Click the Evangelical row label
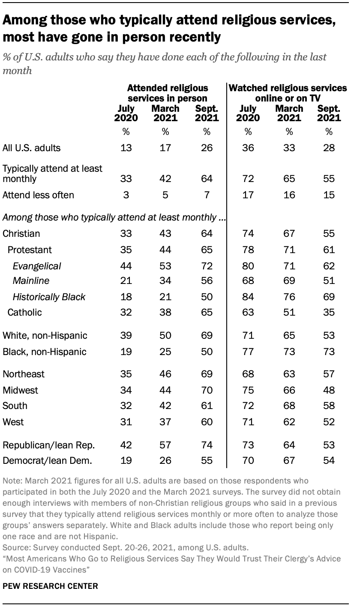click(37, 266)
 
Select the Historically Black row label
click(49, 296)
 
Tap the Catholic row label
click(24, 312)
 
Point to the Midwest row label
click(20, 390)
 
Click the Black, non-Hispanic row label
click(45, 352)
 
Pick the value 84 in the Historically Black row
click(248, 296)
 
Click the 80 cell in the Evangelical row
click(248, 266)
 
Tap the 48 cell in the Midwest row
click(329, 390)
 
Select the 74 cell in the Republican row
click(207, 445)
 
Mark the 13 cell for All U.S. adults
click(126, 148)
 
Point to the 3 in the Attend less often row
click(126, 195)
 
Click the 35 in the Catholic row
click(329, 312)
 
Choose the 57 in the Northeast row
click(329, 374)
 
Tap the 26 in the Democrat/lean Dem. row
click(165, 461)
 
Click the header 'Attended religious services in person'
click(168, 93)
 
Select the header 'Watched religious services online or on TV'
click(288, 93)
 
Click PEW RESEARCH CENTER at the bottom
click(51, 586)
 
